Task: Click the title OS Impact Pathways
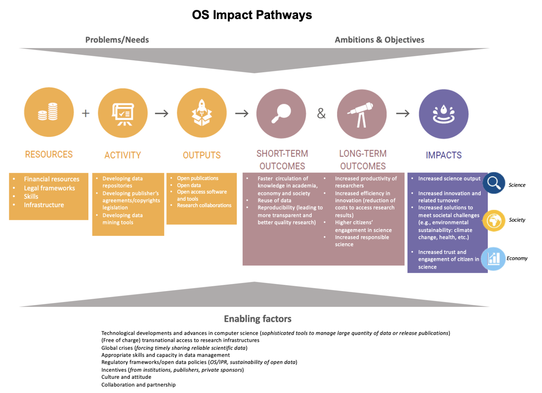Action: click(x=252, y=15)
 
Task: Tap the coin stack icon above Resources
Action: click(x=48, y=112)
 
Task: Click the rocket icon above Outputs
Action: click(x=202, y=112)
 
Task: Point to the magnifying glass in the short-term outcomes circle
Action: click(x=281, y=114)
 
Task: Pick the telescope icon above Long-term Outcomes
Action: click(x=361, y=115)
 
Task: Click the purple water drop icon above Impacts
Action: click(x=443, y=114)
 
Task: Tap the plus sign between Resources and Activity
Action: click(x=86, y=113)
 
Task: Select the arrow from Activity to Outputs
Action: click(x=162, y=113)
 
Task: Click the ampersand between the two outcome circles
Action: click(x=321, y=113)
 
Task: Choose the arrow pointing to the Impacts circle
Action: click(x=403, y=113)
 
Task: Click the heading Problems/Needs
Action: click(x=117, y=40)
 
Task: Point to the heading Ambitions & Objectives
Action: click(x=379, y=40)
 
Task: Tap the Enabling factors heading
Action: click(x=257, y=319)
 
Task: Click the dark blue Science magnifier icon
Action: click(x=494, y=183)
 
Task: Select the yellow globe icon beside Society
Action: click(x=494, y=221)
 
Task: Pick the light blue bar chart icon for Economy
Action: click(x=493, y=259)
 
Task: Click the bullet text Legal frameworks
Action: click(x=49, y=188)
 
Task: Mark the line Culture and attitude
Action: click(x=126, y=377)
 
